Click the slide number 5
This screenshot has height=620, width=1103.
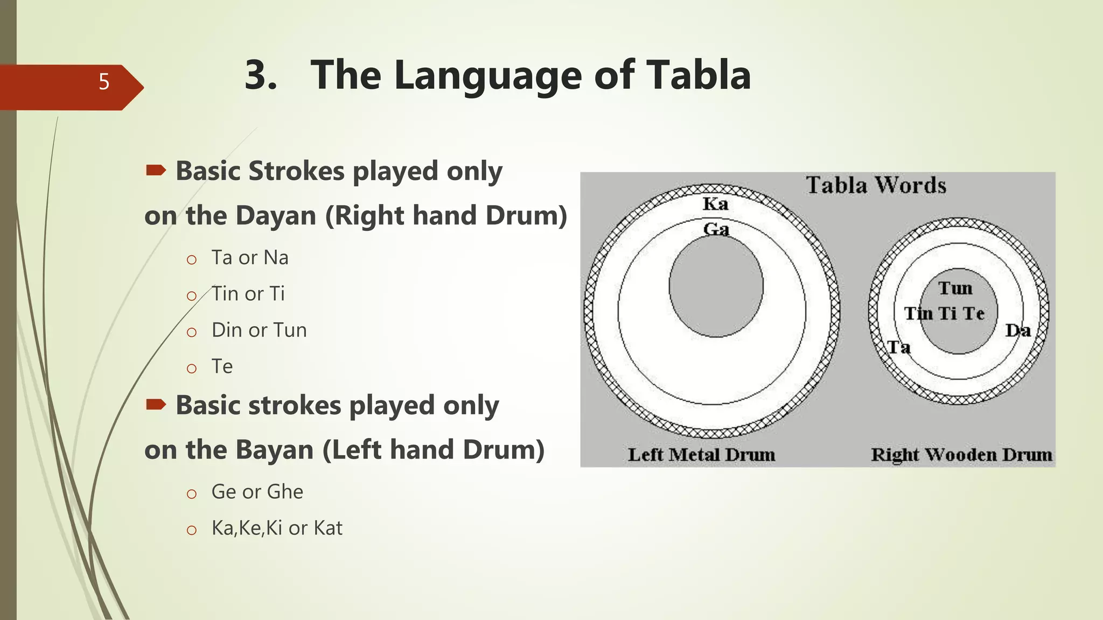tap(104, 82)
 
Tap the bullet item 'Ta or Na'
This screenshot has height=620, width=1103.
tap(250, 258)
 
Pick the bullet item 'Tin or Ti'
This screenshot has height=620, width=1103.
tap(248, 294)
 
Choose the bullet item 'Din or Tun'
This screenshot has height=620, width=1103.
tap(259, 330)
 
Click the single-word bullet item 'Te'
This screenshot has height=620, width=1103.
tap(222, 367)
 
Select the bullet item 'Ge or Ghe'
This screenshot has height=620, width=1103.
tap(257, 492)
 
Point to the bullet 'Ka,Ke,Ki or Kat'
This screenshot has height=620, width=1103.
tap(277, 528)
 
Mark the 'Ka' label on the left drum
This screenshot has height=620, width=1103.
tap(716, 204)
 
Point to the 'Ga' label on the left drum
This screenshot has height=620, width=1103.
tap(716, 229)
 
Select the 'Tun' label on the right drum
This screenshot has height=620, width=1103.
tap(955, 288)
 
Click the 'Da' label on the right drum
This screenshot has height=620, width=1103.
tap(1018, 330)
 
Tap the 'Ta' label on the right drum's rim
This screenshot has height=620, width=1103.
tap(899, 347)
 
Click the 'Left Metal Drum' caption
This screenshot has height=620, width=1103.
tap(701, 455)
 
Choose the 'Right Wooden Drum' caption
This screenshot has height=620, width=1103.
tap(961, 455)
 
